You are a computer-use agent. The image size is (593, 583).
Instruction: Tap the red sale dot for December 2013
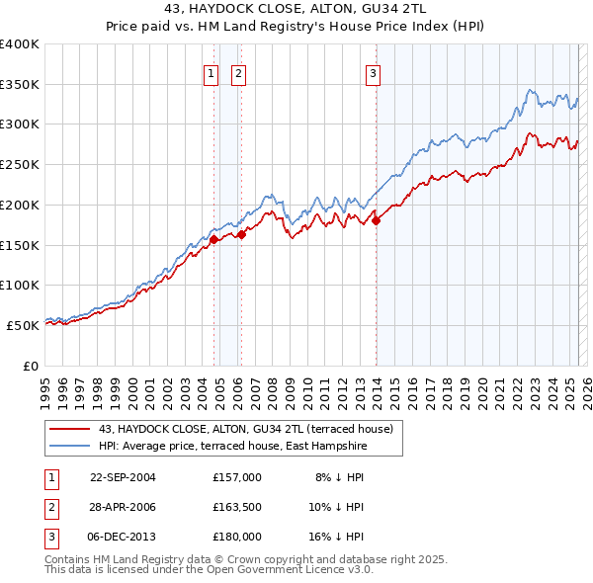[x=377, y=221]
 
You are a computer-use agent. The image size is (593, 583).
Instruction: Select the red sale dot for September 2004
[x=213, y=239]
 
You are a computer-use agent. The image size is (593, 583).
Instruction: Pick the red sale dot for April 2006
[x=241, y=234]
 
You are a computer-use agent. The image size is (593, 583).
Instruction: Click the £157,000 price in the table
[x=236, y=476]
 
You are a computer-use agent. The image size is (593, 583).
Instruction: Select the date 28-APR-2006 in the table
[x=123, y=507]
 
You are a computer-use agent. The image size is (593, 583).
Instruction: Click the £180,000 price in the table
[x=236, y=537]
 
